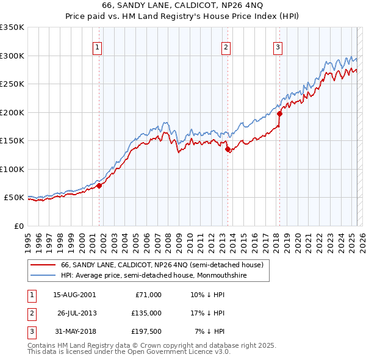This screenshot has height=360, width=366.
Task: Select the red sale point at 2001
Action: click(99, 185)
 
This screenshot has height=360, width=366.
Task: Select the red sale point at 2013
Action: click(228, 149)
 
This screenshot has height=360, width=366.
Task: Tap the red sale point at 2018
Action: click(279, 113)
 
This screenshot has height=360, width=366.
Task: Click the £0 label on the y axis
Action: click(18, 226)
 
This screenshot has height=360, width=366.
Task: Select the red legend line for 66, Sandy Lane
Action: click(44, 265)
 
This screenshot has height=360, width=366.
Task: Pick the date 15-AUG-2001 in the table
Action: click(75, 295)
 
